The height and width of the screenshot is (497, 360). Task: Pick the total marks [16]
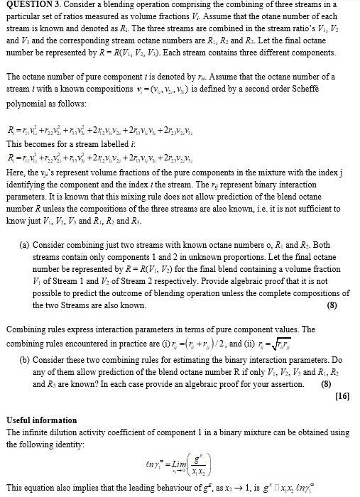click(x=341, y=395)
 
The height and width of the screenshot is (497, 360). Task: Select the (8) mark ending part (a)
click(x=332, y=306)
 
